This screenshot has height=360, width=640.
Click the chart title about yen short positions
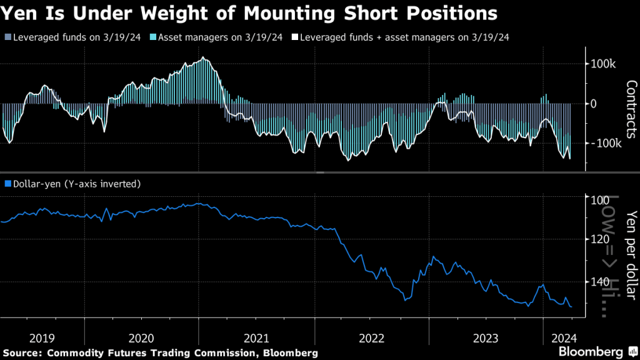251,13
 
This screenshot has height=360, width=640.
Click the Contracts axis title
629,109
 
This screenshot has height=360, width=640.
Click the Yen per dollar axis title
629,247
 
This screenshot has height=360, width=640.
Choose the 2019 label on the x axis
42,338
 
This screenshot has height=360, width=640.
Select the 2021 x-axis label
257,338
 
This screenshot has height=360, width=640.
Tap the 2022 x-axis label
372,338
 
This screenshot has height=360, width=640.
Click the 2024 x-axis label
564,338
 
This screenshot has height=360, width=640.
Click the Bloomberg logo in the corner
593,351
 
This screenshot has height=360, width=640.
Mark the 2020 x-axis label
142,338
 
